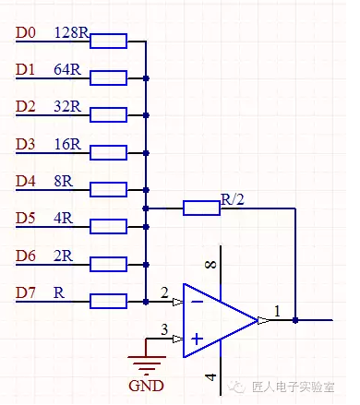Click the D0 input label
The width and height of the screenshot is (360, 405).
(x=26, y=33)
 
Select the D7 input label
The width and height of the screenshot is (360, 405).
(x=26, y=292)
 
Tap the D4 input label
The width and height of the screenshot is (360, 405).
(x=26, y=182)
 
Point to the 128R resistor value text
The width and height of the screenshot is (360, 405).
(x=71, y=33)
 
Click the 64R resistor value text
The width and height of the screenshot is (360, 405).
(x=67, y=70)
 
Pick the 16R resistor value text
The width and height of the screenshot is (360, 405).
(x=67, y=145)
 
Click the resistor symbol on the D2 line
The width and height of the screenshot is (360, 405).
(x=108, y=115)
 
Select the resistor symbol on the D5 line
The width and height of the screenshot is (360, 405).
(x=108, y=226)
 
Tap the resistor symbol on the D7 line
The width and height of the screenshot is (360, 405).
(x=108, y=301)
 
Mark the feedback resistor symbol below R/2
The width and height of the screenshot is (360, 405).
(x=201, y=208)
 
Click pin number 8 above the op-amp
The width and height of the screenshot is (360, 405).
(x=211, y=267)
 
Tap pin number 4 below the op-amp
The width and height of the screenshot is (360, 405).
(x=211, y=376)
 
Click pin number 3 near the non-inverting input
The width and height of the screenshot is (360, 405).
(x=163, y=329)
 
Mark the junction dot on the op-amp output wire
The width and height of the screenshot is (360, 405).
(x=295, y=320)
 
